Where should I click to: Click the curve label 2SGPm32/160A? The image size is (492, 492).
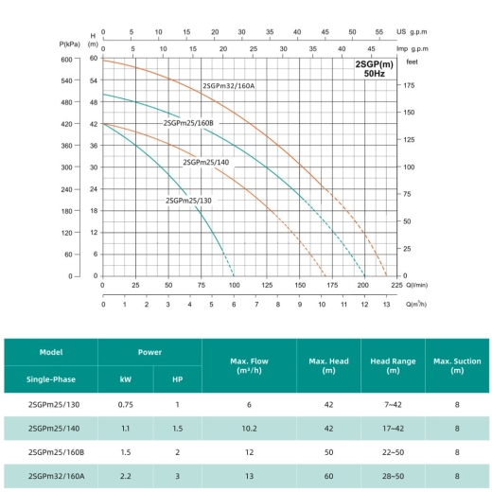pos(228,86)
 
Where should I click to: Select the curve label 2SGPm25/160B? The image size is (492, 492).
pos(188,123)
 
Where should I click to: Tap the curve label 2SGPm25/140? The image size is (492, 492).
pos(206,163)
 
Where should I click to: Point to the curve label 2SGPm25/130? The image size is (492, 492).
pos(188,201)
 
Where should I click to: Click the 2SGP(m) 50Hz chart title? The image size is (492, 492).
pos(375,69)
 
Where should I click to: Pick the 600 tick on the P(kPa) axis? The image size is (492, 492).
pos(66,60)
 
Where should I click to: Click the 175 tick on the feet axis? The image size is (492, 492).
pos(409,85)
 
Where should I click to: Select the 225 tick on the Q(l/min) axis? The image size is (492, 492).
pos(396,285)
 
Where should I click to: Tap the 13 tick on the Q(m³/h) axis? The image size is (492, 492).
pos(386,305)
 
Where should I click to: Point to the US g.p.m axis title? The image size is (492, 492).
pos(412,32)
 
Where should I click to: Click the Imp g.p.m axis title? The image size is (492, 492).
pos(413,49)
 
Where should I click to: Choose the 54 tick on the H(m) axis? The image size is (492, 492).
pos(94,80)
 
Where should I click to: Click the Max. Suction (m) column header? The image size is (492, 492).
pos(457,365)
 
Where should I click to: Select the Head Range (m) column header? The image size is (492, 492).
pos(393,365)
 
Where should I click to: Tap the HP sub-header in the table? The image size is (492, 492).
pos(178,379)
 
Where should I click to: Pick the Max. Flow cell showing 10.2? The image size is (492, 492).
pos(249,429)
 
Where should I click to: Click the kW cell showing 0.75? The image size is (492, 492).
pos(126,405)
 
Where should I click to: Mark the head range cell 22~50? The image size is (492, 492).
pos(393,452)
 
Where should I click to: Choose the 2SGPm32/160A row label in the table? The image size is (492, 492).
pos(57,476)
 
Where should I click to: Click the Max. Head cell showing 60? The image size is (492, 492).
pos(328,476)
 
